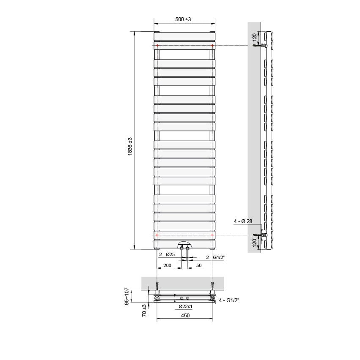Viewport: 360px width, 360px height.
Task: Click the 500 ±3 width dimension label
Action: tap(184, 19)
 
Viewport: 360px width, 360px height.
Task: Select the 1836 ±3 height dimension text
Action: tap(130, 147)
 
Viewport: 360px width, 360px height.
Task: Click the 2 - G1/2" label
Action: tap(214, 257)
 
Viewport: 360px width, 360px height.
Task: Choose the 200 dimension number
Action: tap(167, 265)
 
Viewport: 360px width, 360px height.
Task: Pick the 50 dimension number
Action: tap(199, 265)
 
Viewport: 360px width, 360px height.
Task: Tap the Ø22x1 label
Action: tap(186, 306)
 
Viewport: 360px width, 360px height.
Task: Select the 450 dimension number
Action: tap(185, 315)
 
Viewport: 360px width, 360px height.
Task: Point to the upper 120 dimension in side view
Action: tap(254, 38)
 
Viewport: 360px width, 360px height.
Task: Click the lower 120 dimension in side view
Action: tap(254, 243)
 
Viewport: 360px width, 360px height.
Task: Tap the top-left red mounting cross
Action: tap(157, 45)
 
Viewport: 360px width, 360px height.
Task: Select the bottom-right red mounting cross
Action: tap(212, 235)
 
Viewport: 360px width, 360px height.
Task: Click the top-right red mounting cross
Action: tap(212, 45)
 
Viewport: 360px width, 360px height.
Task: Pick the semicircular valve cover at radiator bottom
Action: tap(184, 245)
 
